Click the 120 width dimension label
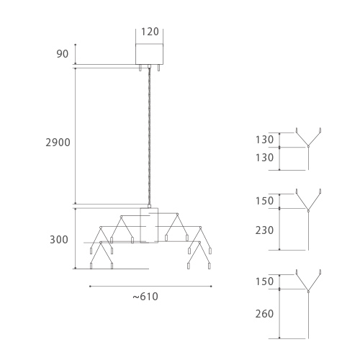150,32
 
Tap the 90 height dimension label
63,54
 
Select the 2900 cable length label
58,143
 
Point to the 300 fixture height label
59,240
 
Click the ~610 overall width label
145,297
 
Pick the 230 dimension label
264,230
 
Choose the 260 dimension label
264,314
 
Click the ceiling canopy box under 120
150,54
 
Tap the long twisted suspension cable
150,136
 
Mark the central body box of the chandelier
149,225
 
